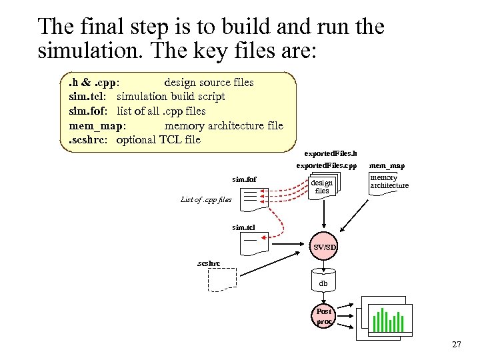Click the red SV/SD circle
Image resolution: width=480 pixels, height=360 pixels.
coord(325,247)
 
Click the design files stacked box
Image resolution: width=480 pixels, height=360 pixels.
coord(323,186)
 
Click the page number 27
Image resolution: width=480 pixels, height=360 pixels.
coord(456,345)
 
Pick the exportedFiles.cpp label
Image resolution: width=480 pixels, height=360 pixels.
coord(327,165)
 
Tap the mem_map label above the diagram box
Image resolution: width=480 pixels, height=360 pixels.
coord(387,165)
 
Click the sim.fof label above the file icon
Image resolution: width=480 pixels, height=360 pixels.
coord(244,179)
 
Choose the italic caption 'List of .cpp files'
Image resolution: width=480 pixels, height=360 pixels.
coord(206,199)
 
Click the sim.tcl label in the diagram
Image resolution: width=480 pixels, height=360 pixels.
coord(243,227)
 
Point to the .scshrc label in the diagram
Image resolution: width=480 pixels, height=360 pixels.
coord(208,263)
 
